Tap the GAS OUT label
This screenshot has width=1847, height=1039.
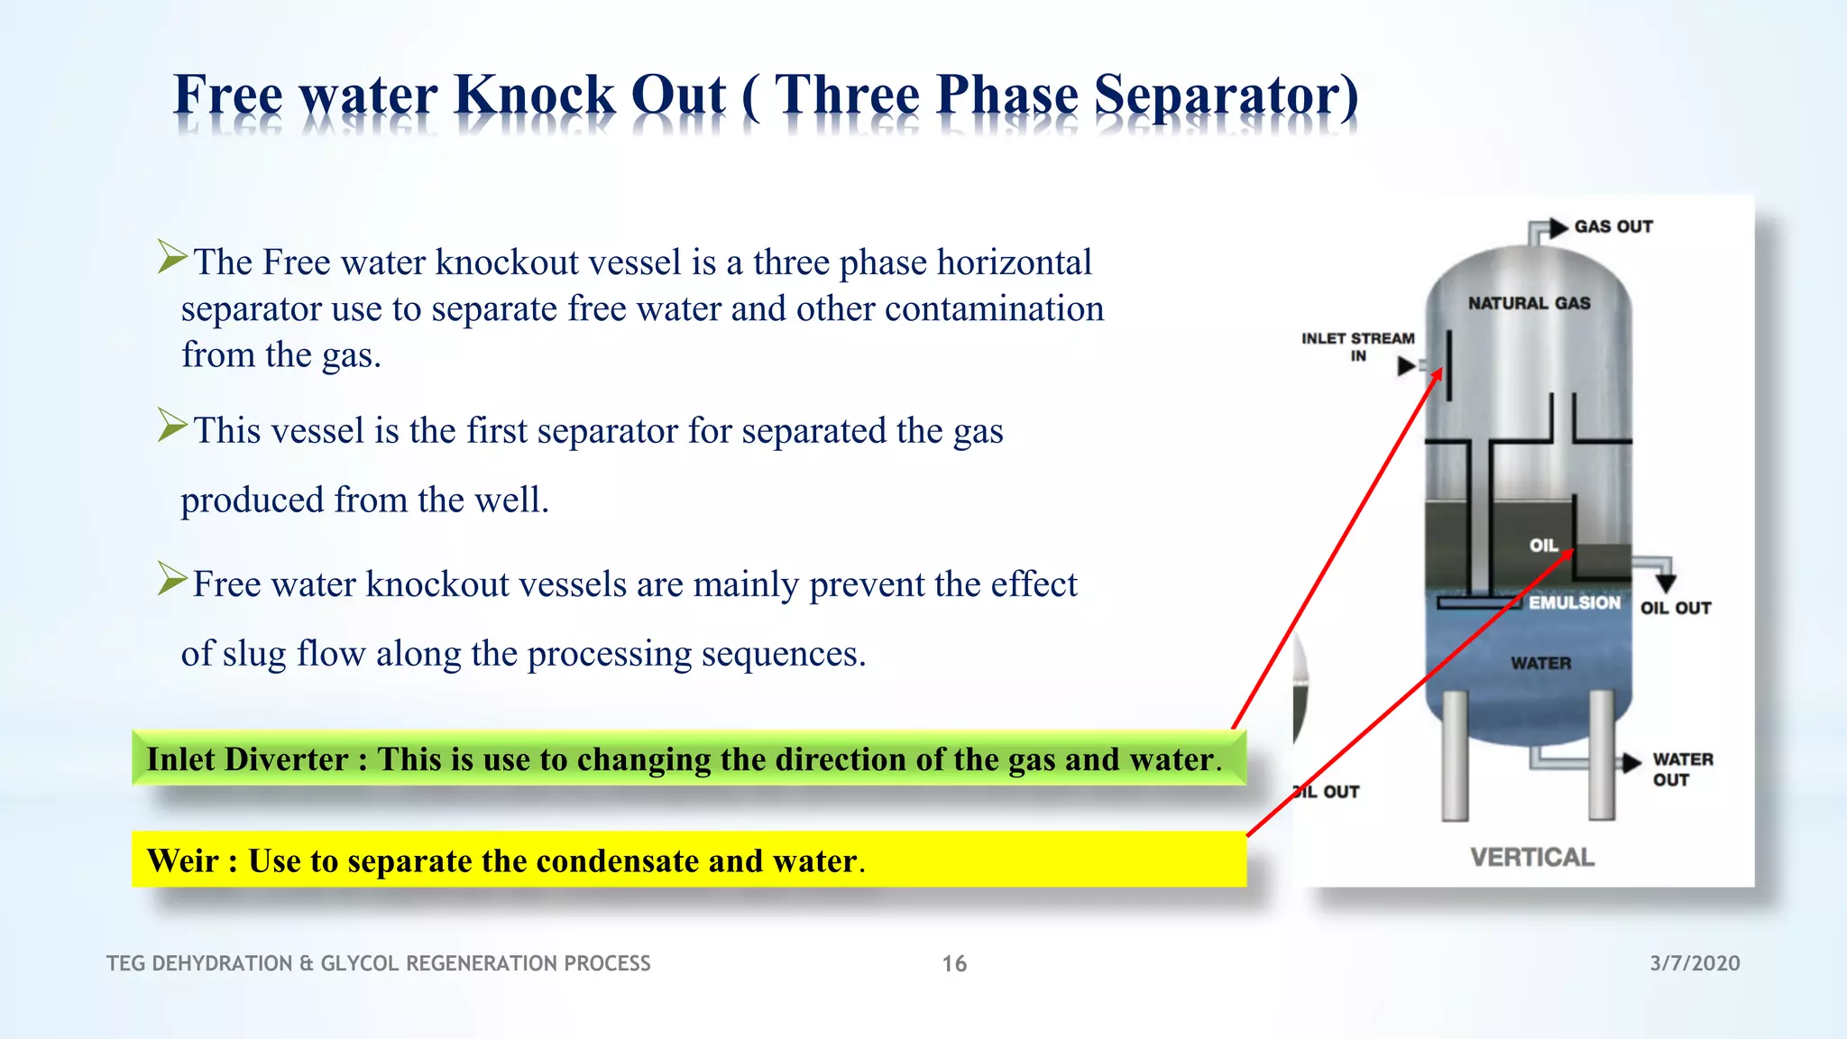[x=1613, y=226]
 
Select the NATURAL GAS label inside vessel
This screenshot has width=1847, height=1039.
[x=1529, y=303]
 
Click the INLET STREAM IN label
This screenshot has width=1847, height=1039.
[x=1357, y=346]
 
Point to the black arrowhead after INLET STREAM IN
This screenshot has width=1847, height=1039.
[x=1406, y=366]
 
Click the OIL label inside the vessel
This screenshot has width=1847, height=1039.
[x=1543, y=545]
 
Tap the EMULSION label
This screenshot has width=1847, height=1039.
[x=1574, y=602]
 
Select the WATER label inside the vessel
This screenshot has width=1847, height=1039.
[x=1540, y=663]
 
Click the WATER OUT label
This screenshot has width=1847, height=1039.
[x=1682, y=769]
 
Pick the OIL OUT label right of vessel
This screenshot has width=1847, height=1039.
[x=1675, y=608]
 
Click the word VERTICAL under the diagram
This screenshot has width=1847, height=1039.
[x=1531, y=857]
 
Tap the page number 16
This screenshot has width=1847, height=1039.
[x=954, y=963]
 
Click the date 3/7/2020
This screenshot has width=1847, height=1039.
[x=1695, y=963]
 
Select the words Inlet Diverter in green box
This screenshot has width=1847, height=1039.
[x=247, y=759]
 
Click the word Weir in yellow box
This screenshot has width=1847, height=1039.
[x=183, y=860]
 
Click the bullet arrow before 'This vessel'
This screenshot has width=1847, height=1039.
[x=171, y=425]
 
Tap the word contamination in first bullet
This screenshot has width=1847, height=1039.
[x=994, y=308]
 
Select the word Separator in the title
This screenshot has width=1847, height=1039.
[x=1226, y=95]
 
